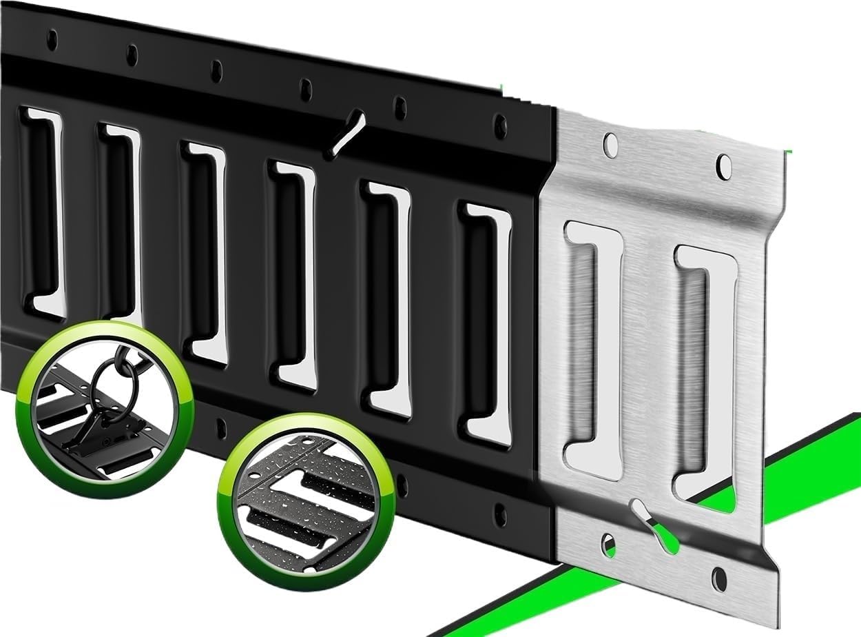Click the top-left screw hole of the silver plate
[x=610, y=144]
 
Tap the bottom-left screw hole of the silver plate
[x=608, y=545]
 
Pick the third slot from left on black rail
[x=204, y=252]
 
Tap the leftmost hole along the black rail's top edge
[x=52, y=40]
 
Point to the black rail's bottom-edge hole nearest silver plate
[x=500, y=514]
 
